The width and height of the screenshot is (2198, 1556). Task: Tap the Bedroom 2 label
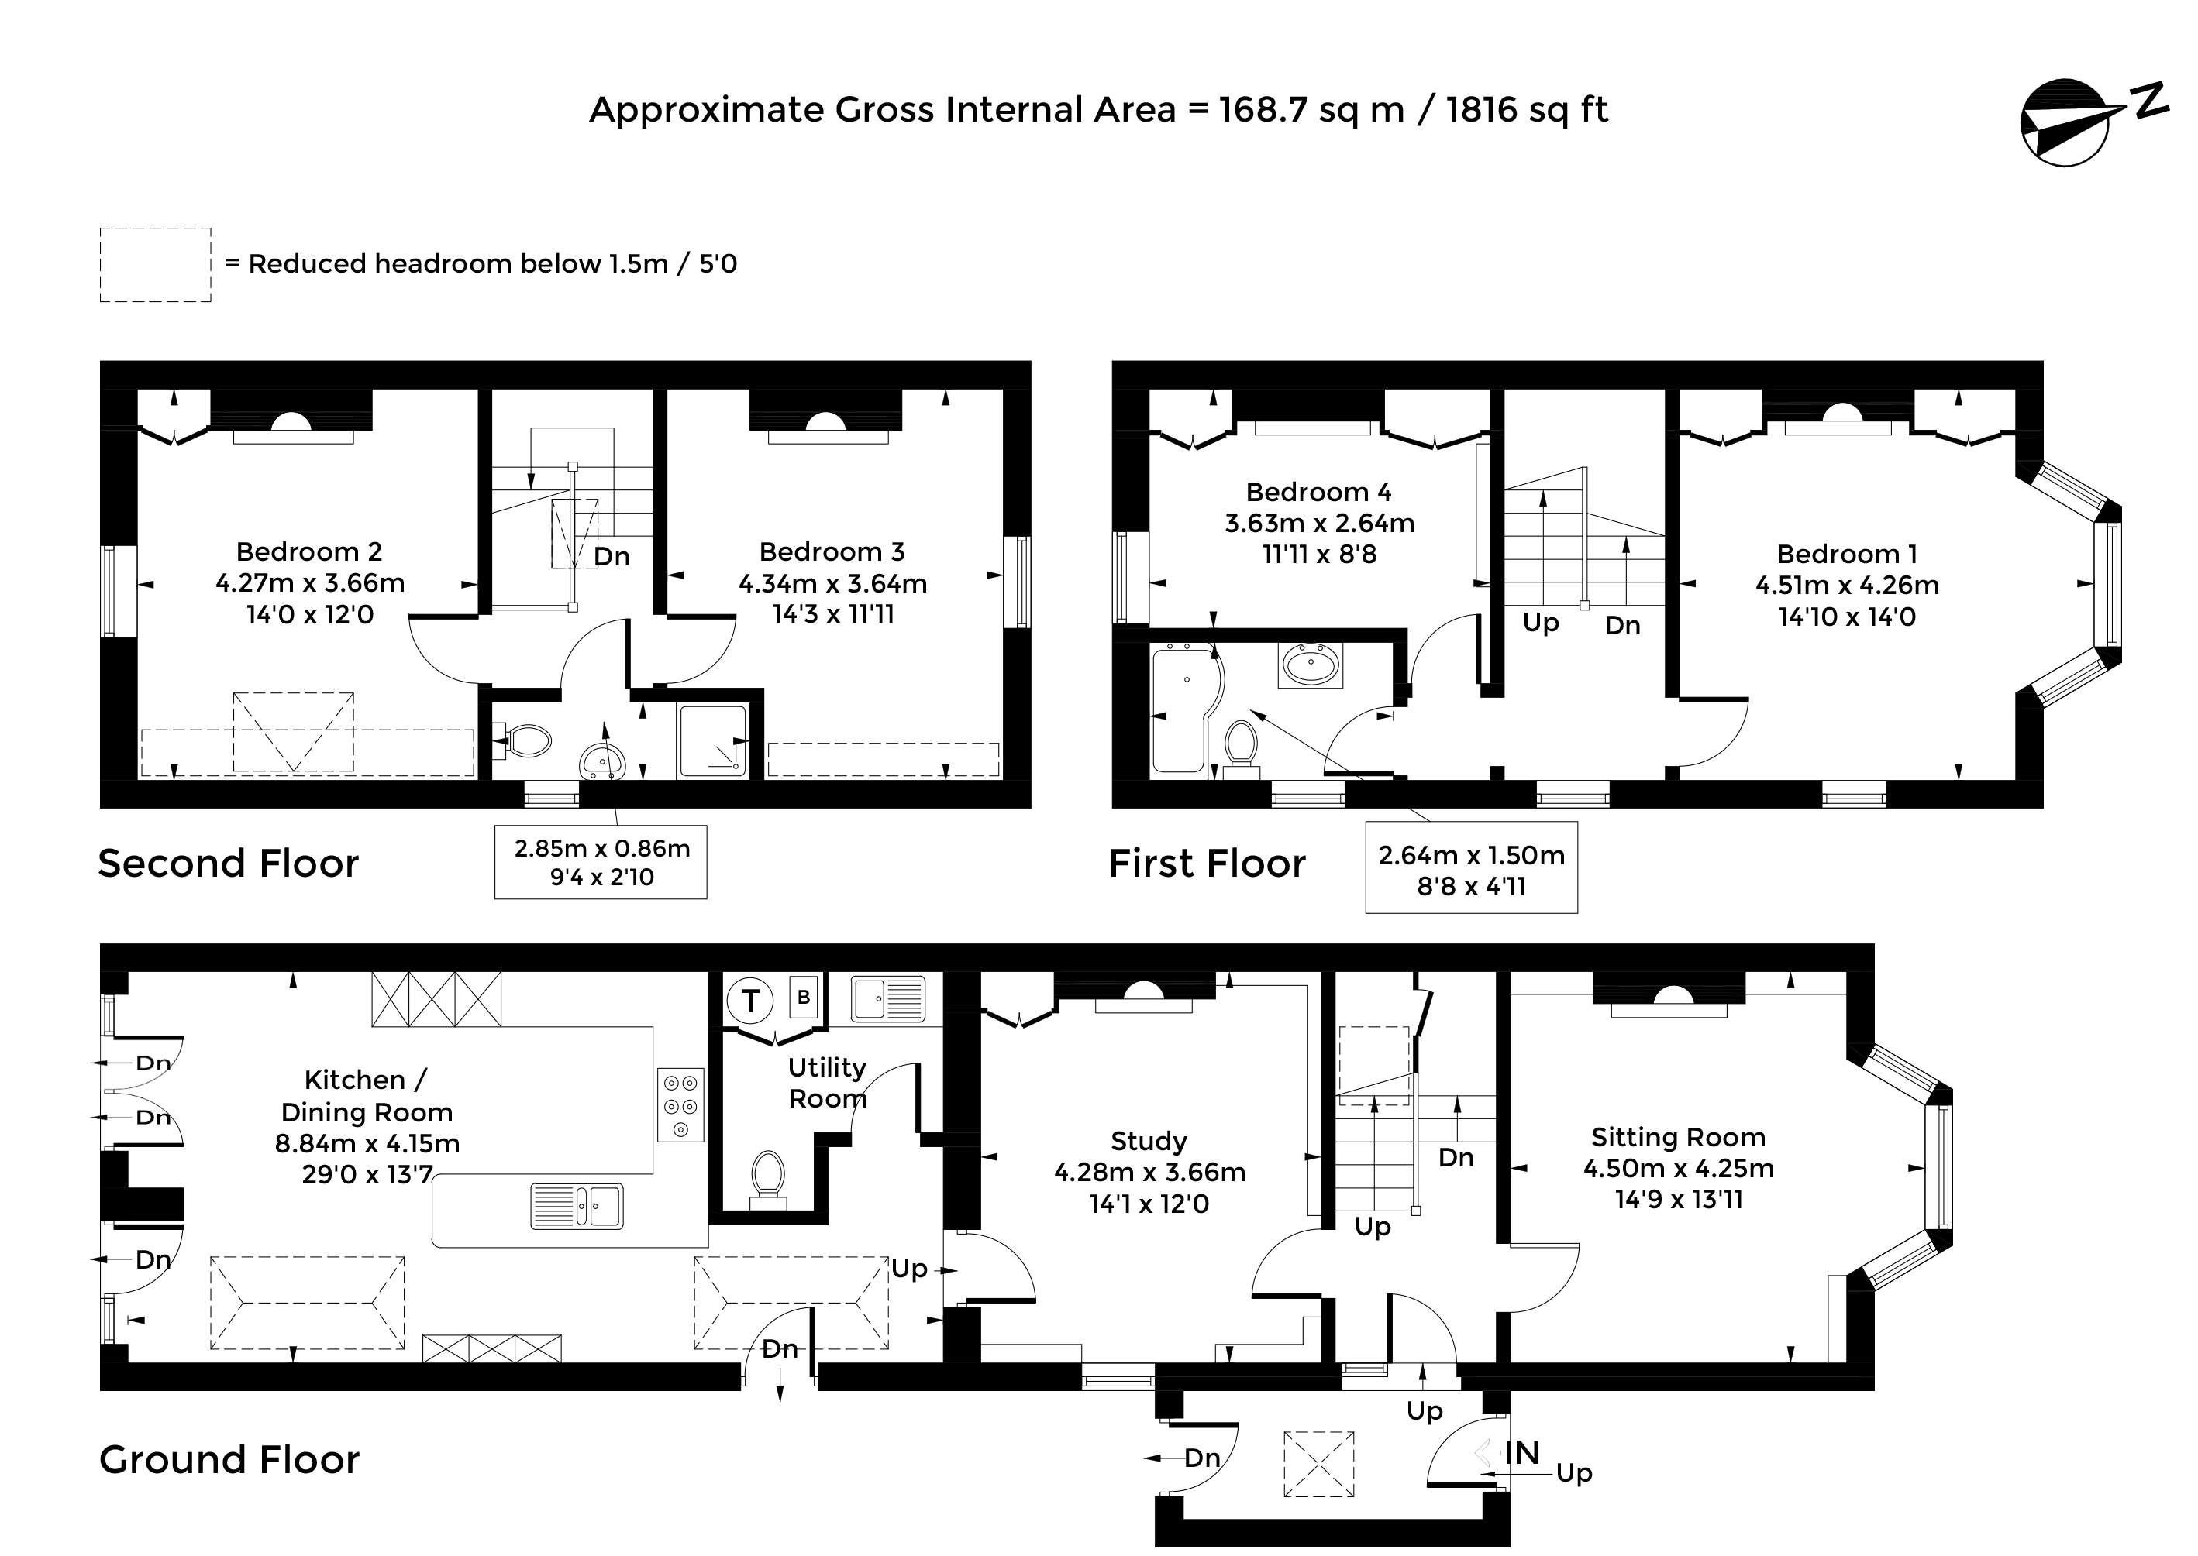(x=309, y=552)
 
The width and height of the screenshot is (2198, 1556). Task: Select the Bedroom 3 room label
(x=832, y=552)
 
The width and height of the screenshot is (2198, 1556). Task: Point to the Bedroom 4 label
(x=1319, y=493)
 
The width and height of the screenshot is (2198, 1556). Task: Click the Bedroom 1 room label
(x=1847, y=554)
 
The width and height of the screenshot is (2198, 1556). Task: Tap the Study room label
(x=1149, y=1141)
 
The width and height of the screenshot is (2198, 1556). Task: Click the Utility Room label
(x=827, y=1083)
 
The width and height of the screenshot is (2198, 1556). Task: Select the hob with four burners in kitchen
(x=680, y=1104)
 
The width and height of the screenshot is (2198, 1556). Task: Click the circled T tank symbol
(x=750, y=1001)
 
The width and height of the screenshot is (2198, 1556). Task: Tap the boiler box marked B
(x=803, y=998)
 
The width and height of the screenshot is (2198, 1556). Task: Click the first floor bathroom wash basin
(x=1311, y=664)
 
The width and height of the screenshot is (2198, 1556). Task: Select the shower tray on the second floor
(x=712, y=740)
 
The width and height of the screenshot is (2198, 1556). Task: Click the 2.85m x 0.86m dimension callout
(x=601, y=862)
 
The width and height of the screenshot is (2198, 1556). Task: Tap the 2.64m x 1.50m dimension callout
(x=1471, y=870)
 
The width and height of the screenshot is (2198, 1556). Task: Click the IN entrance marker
(x=1521, y=1452)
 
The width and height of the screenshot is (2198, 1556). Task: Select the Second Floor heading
(x=228, y=864)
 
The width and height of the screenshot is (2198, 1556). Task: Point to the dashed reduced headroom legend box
(x=155, y=266)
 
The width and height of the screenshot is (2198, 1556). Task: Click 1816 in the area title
(x=1481, y=109)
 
